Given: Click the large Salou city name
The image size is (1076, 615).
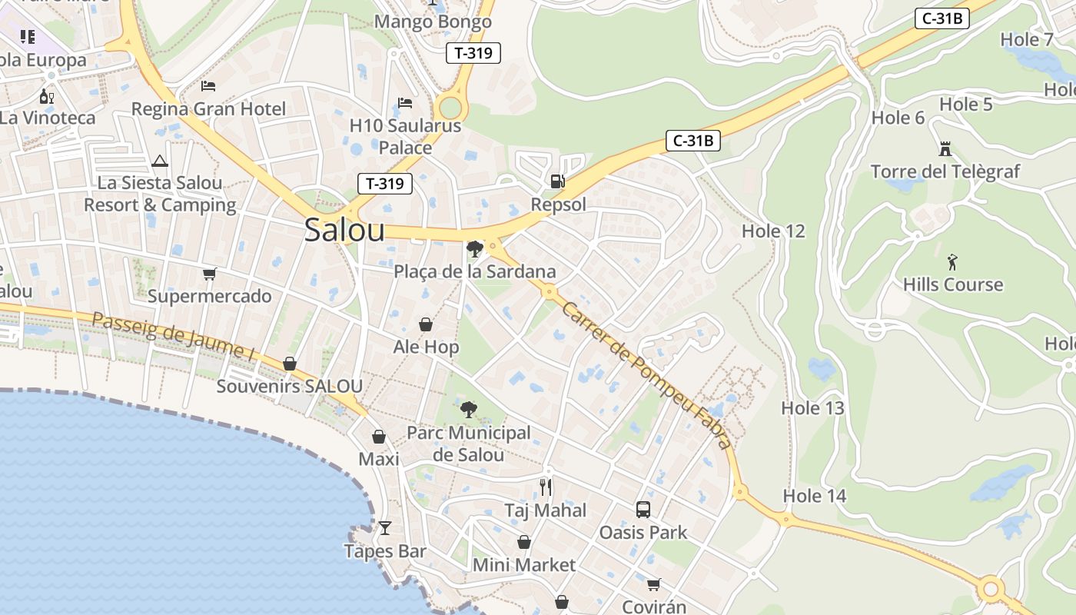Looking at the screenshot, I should (x=344, y=230).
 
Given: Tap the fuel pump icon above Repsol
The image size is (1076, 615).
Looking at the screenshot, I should (x=558, y=181).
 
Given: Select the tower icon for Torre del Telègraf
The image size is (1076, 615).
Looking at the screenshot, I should (x=945, y=148).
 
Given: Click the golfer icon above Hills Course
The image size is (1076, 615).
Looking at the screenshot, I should (x=953, y=261).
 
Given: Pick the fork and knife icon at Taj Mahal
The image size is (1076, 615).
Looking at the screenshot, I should (x=546, y=487).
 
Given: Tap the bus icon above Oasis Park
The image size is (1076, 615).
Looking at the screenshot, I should (x=643, y=509).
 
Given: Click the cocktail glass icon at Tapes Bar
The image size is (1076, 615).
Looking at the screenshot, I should (x=385, y=528).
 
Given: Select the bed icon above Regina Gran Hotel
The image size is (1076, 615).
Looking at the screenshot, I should (x=208, y=85).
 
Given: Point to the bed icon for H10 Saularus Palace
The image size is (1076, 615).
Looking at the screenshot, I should (x=405, y=102).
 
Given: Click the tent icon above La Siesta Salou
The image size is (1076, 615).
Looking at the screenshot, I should (x=160, y=161).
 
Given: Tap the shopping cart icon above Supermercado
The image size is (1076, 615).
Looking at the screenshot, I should (x=209, y=274).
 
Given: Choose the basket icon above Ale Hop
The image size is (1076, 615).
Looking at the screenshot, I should (x=426, y=324).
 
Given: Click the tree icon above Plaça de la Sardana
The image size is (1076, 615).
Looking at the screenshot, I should (x=475, y=248).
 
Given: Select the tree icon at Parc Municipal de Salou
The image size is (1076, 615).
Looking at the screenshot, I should (x=468, y=409).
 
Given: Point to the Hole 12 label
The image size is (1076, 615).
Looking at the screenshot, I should (x=773, y=231).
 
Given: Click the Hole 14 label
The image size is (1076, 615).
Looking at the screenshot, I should (x=815, y=496).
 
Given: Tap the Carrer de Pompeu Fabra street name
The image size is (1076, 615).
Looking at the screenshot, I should (x=646, y=374).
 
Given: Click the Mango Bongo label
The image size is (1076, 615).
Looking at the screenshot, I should (x=433, y=22).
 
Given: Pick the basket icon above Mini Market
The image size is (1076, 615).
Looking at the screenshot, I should (x=524, y=543).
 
